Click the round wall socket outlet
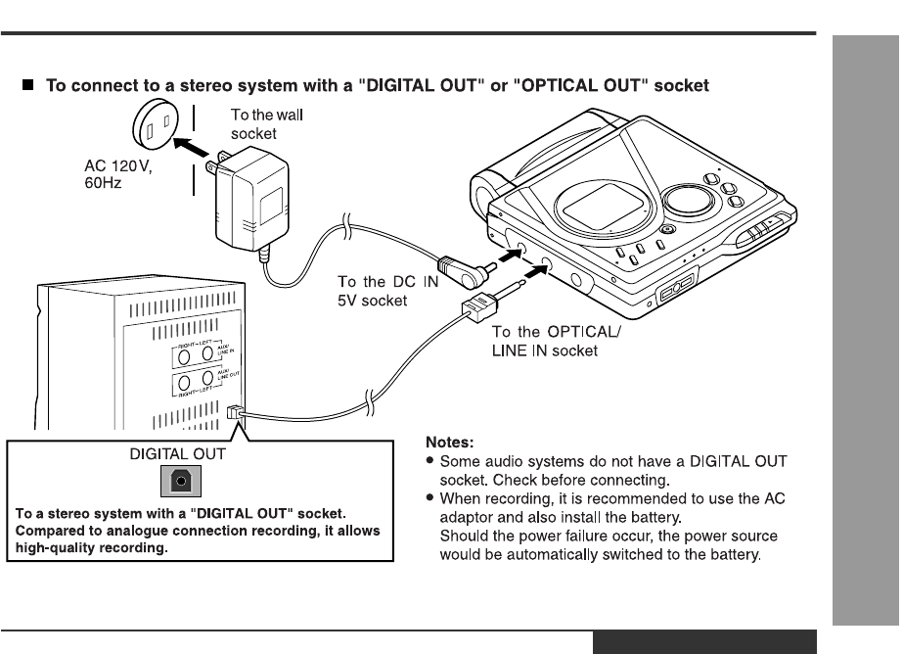[x=158, y=124]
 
